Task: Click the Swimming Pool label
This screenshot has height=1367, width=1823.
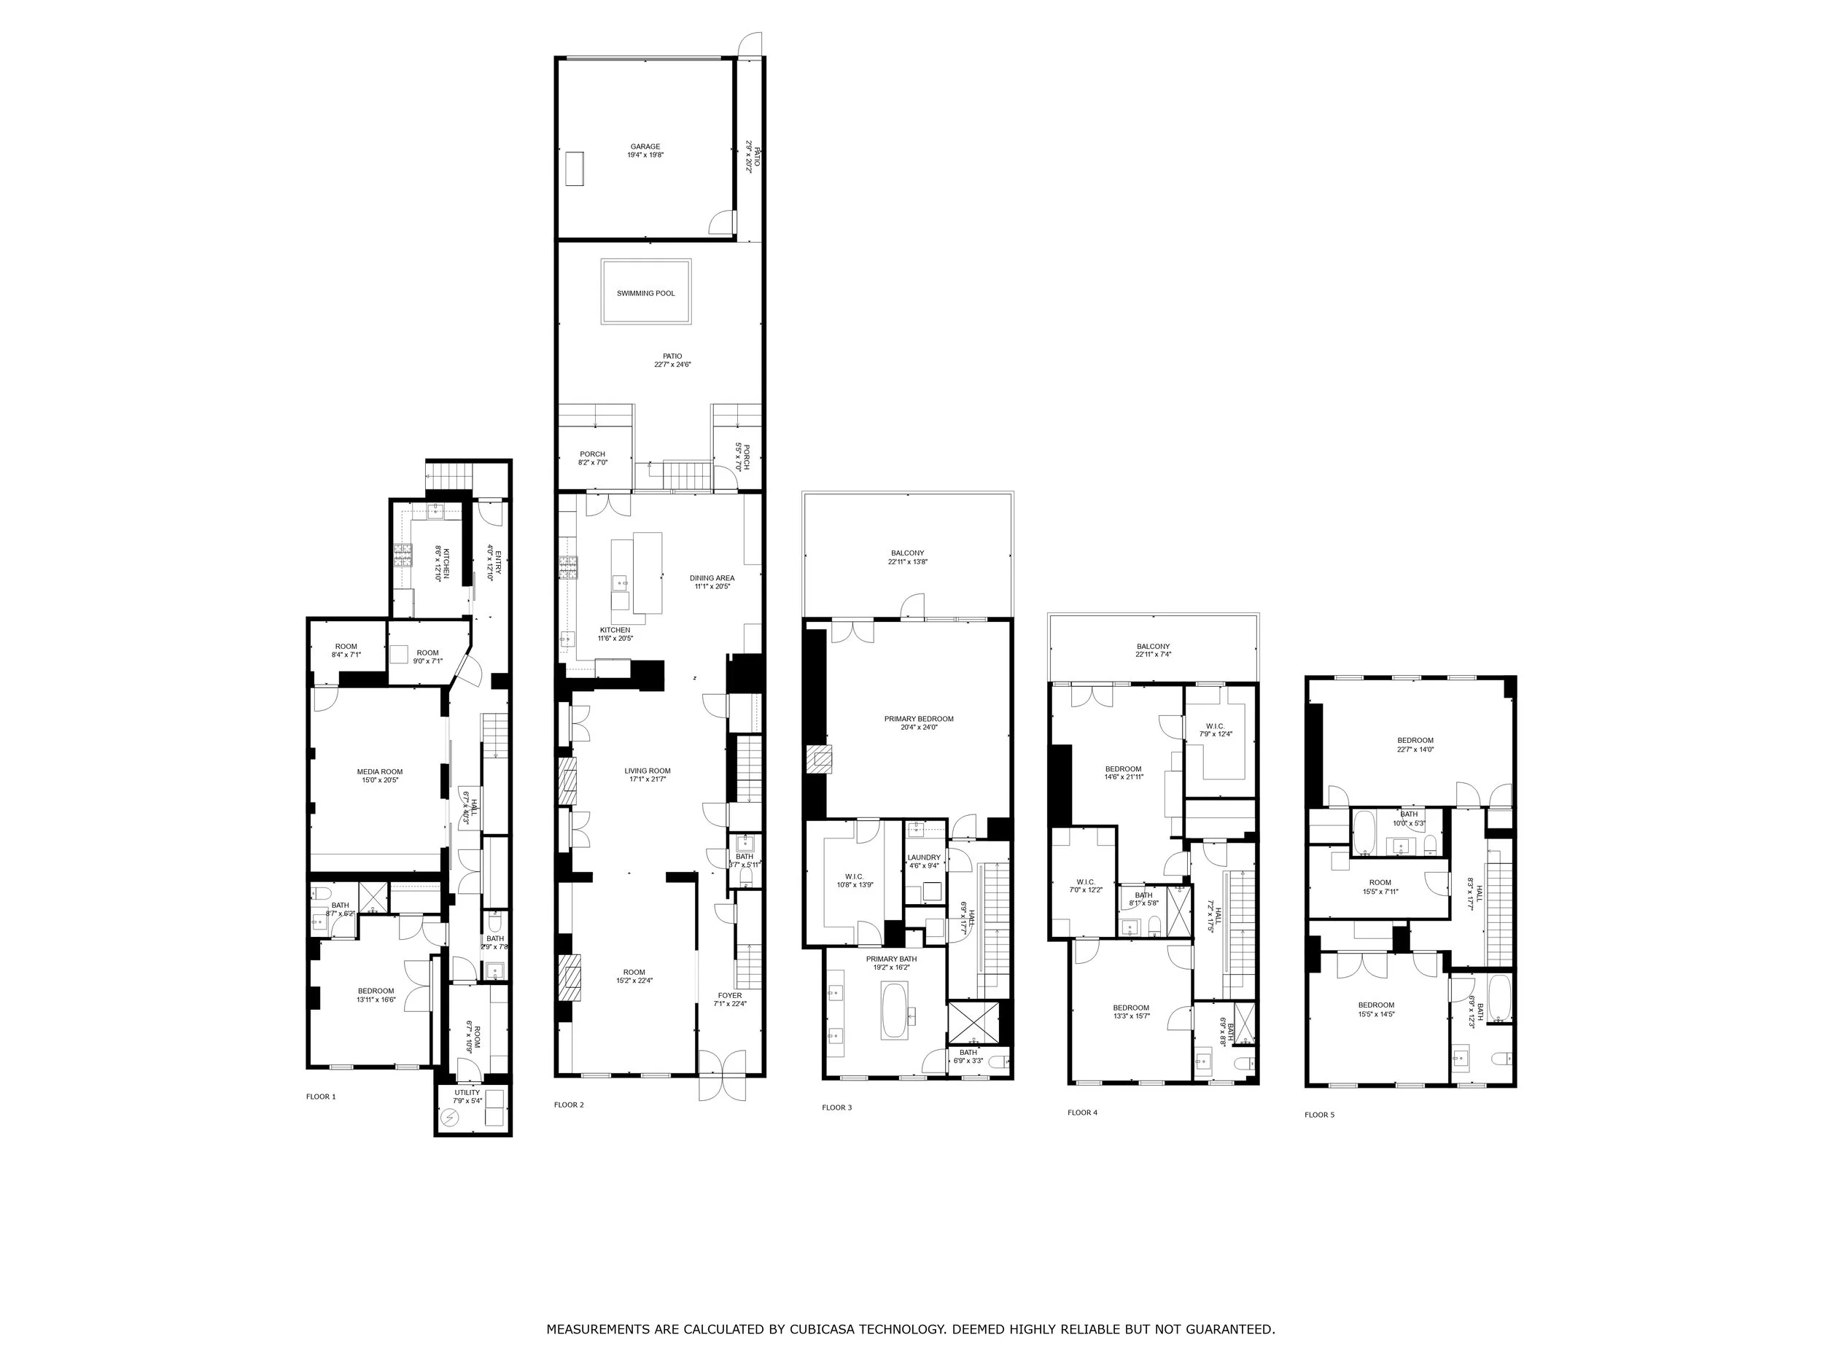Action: (645, 293)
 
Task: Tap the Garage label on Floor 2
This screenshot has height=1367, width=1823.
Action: (645, 151)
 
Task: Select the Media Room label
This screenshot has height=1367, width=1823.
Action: (379, 776)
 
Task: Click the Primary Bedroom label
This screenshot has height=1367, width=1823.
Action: (918, 723)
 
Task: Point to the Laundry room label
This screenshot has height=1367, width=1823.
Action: (923, 861)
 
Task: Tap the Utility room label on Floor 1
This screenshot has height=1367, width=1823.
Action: (467, 1097)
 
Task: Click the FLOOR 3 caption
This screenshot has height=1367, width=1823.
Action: (836, 1107)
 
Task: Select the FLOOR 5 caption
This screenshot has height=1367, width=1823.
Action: (1318, 1115)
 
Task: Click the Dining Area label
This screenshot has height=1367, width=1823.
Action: (712, 582)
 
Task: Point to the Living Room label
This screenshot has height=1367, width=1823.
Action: (647, 774)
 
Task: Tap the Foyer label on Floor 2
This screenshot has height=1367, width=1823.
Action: (729, 999)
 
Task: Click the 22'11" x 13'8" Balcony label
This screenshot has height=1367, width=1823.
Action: (906, 557)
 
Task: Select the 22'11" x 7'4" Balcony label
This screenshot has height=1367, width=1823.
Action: (1152, 650)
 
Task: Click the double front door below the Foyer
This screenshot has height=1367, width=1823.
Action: (722, 1075)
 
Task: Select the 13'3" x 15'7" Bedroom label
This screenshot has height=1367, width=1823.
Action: (1130, 1012)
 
